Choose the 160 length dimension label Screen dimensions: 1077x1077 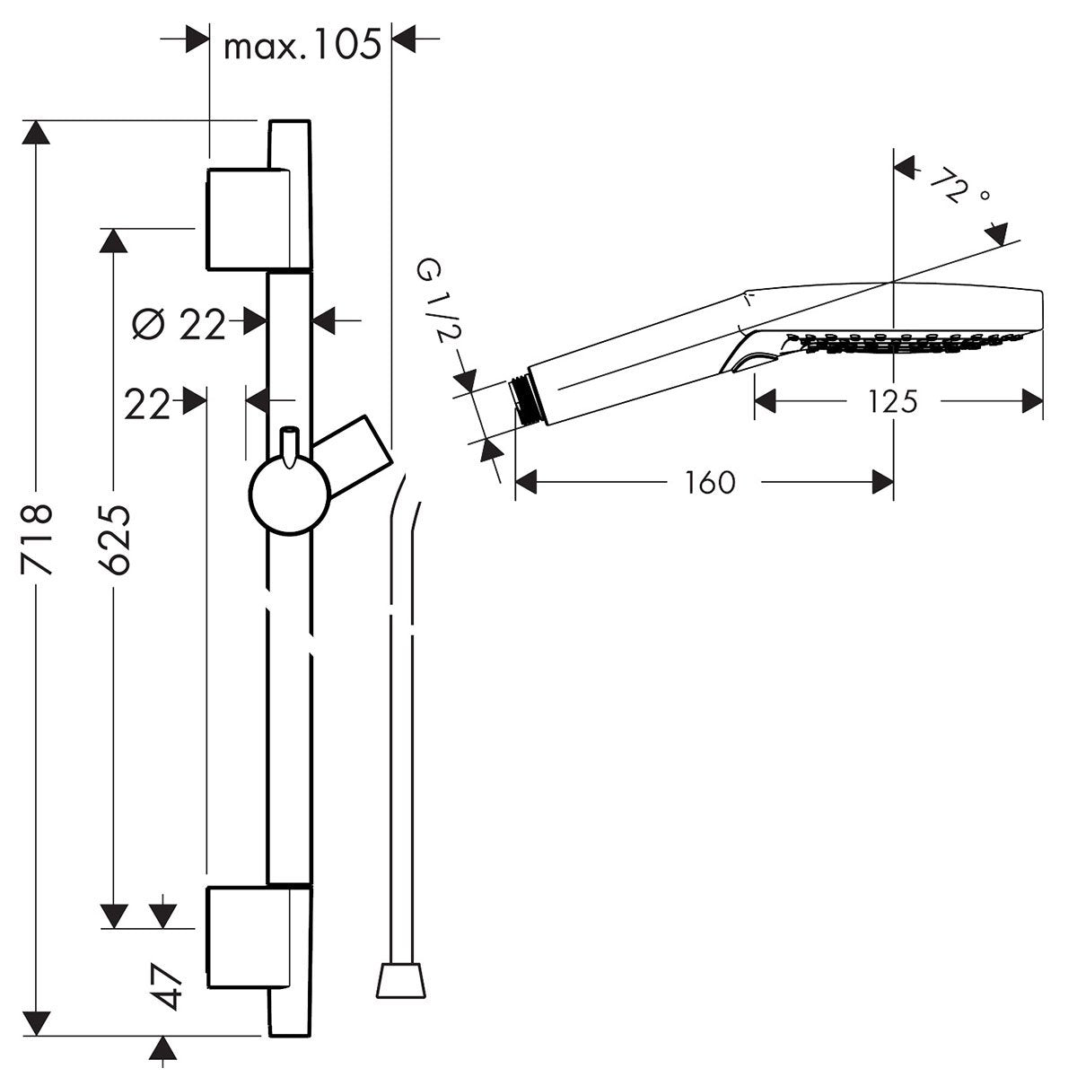click(709, 482)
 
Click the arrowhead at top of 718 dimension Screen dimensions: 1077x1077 click(37, 132)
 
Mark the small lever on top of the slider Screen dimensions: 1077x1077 click(289, 447)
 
